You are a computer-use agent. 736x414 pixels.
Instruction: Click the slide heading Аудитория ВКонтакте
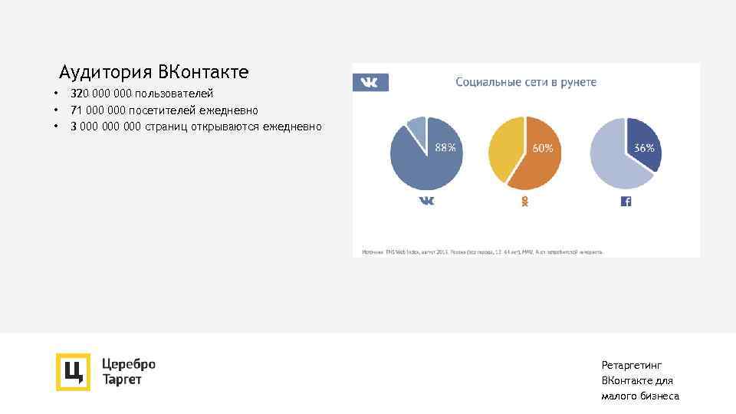click(154, 73)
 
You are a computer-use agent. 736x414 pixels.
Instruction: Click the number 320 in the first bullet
click(80, 94)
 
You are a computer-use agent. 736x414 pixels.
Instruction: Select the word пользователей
click(174, 94)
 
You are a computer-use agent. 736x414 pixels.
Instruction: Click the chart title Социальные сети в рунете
click(526, 82)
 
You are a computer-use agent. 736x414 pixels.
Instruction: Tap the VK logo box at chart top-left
click(370, 82)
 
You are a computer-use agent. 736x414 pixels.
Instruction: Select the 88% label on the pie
click(445, 148)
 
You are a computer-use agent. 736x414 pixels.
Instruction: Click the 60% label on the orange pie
click(543, 148)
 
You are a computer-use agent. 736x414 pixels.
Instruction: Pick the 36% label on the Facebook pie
click(644, 148)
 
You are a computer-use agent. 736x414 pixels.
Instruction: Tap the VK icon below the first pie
click(426, 201)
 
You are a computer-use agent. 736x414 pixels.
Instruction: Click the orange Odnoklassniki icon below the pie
click(525, 201)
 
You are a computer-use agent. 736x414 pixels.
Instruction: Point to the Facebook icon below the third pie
click(626, 201)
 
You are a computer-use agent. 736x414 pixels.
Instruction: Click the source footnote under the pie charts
click(483, 251)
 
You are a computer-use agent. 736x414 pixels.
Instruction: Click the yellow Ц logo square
click(73, 372)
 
